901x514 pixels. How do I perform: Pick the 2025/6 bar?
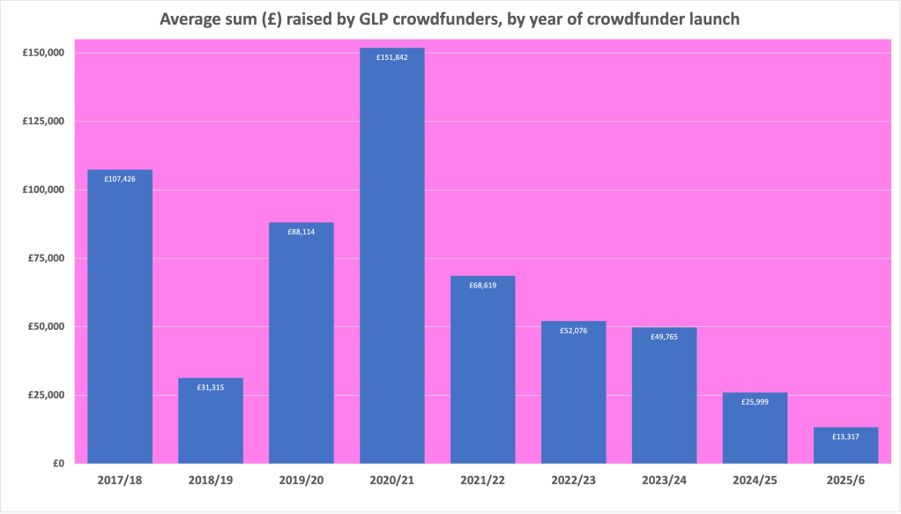tap(845, 445)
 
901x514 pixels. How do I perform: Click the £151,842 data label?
tap(392, 57)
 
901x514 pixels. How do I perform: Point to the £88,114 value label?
tap(302, 232)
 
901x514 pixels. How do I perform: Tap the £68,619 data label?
tap(482, 286)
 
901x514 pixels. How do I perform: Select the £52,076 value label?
tap(573, 331)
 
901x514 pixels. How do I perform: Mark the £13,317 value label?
tap(845, 436)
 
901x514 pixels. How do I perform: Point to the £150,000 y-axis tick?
tap(43, 53)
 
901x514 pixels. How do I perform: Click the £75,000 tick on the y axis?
tap(46, 258)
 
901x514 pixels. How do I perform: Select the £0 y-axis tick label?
tap(58, 463)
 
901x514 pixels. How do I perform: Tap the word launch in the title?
tap(711, 19)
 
